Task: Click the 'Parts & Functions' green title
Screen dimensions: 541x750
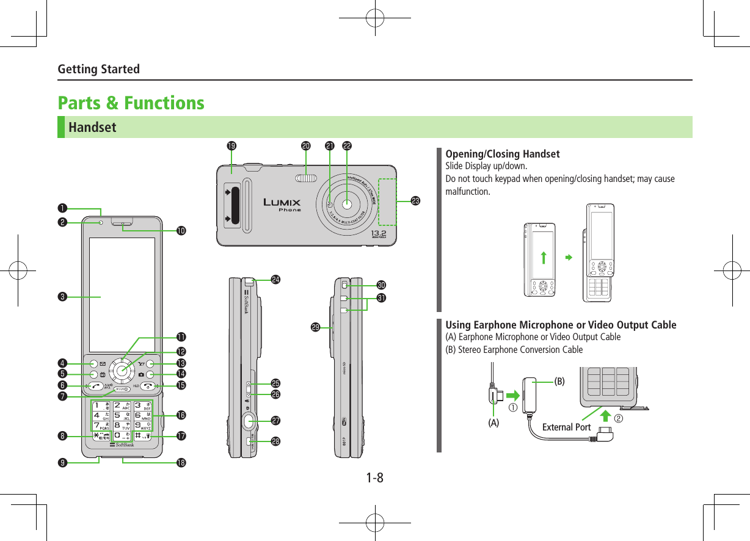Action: click(131, 103)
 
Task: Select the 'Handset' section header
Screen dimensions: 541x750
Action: click(92, 128)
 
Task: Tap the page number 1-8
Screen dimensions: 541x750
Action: click(375, 477)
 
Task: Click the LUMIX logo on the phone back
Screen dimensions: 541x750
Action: click(282, 203)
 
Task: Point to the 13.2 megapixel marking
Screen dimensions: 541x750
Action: click(379, 234)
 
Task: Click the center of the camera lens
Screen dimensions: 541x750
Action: click(347, 204)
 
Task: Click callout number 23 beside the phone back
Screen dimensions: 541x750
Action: click(415, 200)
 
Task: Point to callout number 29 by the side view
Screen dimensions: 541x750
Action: click(315, 328)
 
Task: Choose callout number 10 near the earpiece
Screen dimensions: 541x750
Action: click(181, 231)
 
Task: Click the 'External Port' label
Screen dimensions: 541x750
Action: click(566, 427)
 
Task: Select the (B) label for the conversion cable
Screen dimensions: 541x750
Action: click(559, 381)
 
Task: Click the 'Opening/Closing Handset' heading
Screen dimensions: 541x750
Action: click(503, 153)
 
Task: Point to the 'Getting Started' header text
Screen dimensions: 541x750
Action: click(98, 69)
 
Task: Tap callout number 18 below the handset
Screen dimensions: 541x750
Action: click(181, 462)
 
